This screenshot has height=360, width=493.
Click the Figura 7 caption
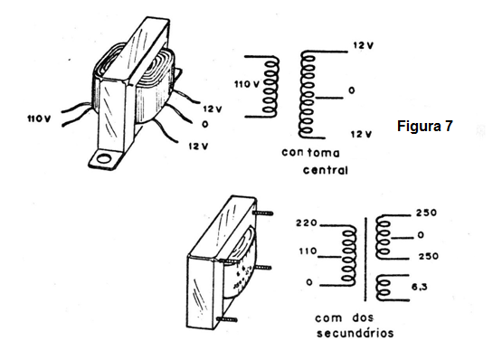(425, 126)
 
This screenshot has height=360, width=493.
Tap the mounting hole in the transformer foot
(103, 158)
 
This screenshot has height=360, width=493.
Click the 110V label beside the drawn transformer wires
(39, 118)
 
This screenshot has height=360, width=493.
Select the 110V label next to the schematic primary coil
(247, 84)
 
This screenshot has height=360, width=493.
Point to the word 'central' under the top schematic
(326, 170)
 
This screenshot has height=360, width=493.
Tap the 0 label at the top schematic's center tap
(352, 90)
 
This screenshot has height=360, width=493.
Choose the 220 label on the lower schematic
(307, 223)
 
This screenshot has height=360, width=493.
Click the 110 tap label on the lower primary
(308, 251)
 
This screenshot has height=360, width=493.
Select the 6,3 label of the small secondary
(419, 287)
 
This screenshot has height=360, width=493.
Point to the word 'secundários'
(355, 333)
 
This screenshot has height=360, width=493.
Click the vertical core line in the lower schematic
(365, 259)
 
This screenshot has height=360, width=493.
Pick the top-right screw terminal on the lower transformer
(262, 213)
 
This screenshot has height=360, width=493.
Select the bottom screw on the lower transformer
(227, 320)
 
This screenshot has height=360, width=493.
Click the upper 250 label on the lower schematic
(426, 213)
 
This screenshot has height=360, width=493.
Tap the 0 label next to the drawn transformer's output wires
(205, 124)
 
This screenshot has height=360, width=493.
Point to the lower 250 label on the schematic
(428, 256)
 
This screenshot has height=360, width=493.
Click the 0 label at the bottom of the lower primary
(309, 282)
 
